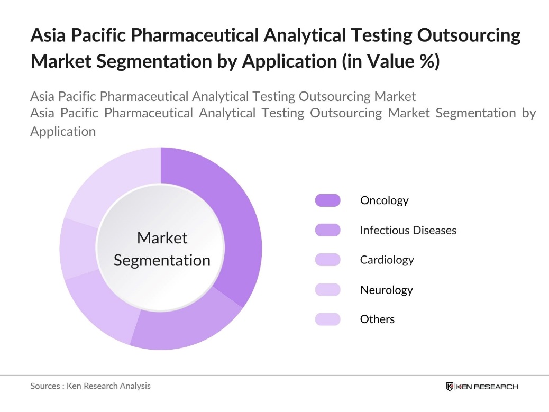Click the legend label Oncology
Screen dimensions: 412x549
click(384, 200)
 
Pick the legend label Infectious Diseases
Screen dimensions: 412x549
click(408, 230)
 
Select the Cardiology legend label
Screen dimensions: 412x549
click(387, 260)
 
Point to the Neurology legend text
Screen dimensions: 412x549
click(386, 290)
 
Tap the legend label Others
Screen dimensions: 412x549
click(377, 319)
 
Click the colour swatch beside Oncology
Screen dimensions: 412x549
click(327, 200)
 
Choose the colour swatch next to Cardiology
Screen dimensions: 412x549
click(327, 260)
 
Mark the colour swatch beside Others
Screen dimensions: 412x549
click(327, 319)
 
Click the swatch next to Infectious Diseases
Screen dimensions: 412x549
click(327, 230)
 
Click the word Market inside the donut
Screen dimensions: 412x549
click(162, 238)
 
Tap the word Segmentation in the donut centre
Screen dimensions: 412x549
click(162, 260)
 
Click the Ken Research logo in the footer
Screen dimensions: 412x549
click(482, 387)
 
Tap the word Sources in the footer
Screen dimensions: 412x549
click(45, 386)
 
